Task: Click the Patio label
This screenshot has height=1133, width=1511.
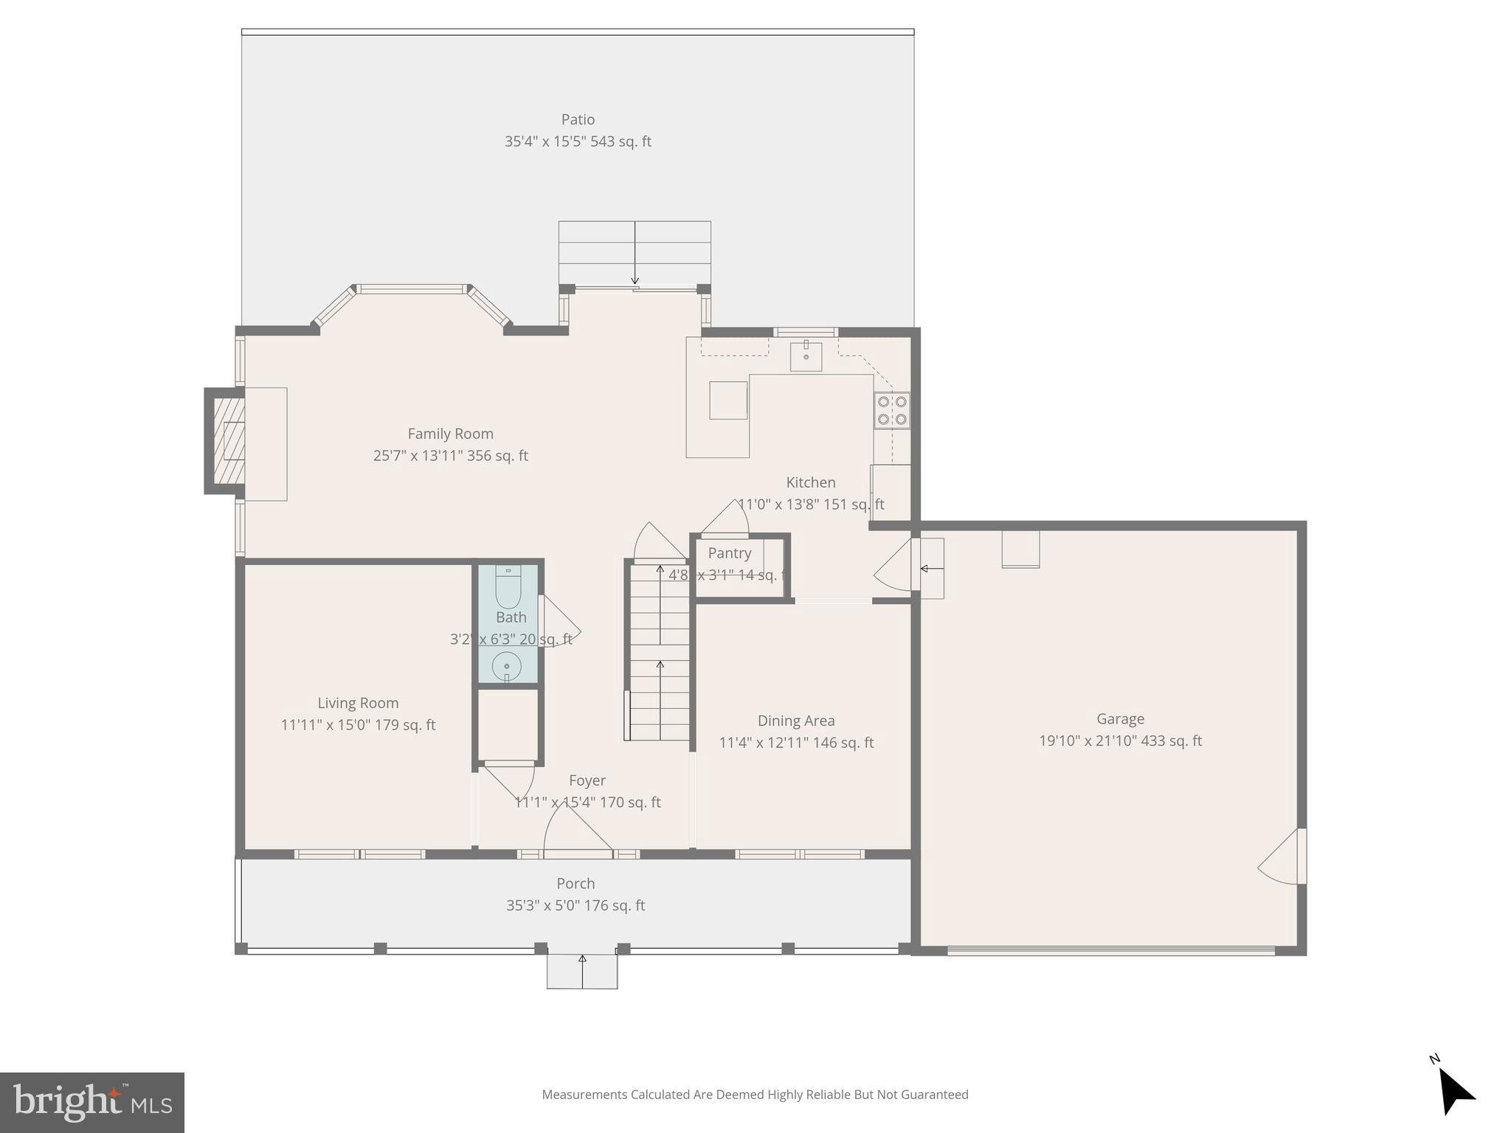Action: click(x=578, y=119)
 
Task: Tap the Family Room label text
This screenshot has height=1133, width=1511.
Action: click(x=450, y=434)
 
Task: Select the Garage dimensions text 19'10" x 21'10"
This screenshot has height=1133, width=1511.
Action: click(x=1088, y=741)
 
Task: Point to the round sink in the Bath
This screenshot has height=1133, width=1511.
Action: click(x=507, y=666)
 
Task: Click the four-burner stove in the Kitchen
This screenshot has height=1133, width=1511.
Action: click(x=892, y=411)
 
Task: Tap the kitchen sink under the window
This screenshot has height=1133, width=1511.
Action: click(x=806, y=356)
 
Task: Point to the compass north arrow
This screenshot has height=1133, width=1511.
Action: click(x=1454, y=1092)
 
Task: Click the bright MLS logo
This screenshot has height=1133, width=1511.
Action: click(x=92, y=1102)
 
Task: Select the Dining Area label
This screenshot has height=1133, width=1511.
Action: click(x=796, y=721)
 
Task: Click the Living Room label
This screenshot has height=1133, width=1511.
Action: click(x=358, y=703)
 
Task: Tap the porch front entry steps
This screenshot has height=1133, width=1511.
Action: click(x=582, y=971)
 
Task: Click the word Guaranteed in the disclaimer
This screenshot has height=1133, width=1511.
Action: click(x=930, y=1095)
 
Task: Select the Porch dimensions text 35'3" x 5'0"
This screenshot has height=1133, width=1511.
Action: click(x=543, y=905)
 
